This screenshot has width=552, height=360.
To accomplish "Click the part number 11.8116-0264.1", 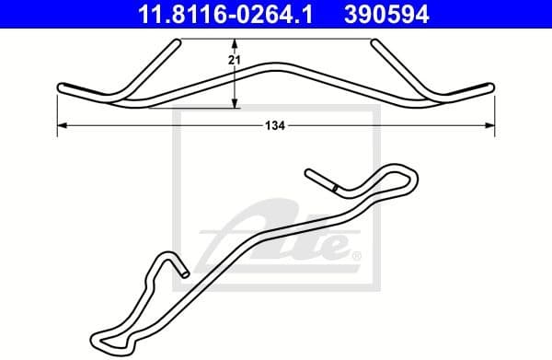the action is point(225,14).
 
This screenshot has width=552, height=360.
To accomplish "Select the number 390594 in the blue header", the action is point(386,14).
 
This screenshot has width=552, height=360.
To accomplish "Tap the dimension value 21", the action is point(234,60).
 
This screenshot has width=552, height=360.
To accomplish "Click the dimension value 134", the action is point(275,125).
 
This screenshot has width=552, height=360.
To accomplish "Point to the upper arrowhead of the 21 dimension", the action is point(235,43).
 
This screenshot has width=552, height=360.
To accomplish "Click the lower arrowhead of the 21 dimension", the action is point(235,103).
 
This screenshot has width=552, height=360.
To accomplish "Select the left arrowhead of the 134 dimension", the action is point(62,125).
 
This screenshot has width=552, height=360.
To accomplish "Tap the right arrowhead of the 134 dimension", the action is point(489,125).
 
